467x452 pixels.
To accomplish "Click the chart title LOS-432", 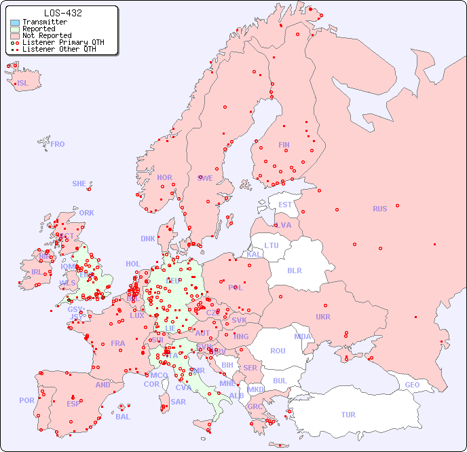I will [62, 13].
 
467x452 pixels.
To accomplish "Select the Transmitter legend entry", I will [44, 22].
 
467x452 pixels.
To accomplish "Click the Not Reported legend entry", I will [46, 35].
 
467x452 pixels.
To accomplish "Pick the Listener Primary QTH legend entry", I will [63, 42].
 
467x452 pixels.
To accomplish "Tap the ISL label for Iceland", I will [23, 84].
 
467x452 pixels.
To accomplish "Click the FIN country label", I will [284, 145].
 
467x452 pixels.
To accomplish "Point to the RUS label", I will [379, 209].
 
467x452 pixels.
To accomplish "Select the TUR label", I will [348, 415].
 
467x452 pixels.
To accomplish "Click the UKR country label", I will [323, 317].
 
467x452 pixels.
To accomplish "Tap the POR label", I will [26, 400].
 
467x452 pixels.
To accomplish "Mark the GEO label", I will [412, 385].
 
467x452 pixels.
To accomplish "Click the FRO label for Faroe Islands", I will [58, 144].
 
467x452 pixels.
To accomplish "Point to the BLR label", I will [295, 270].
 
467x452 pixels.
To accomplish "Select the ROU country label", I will [278, 351].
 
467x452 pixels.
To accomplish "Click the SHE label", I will [79, 184].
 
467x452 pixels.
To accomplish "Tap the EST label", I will [285, 205].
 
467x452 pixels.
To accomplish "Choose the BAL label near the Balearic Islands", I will [123, 417].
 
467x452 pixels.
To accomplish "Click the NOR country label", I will [164, 177].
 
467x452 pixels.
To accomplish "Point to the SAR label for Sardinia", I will [178, 402].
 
